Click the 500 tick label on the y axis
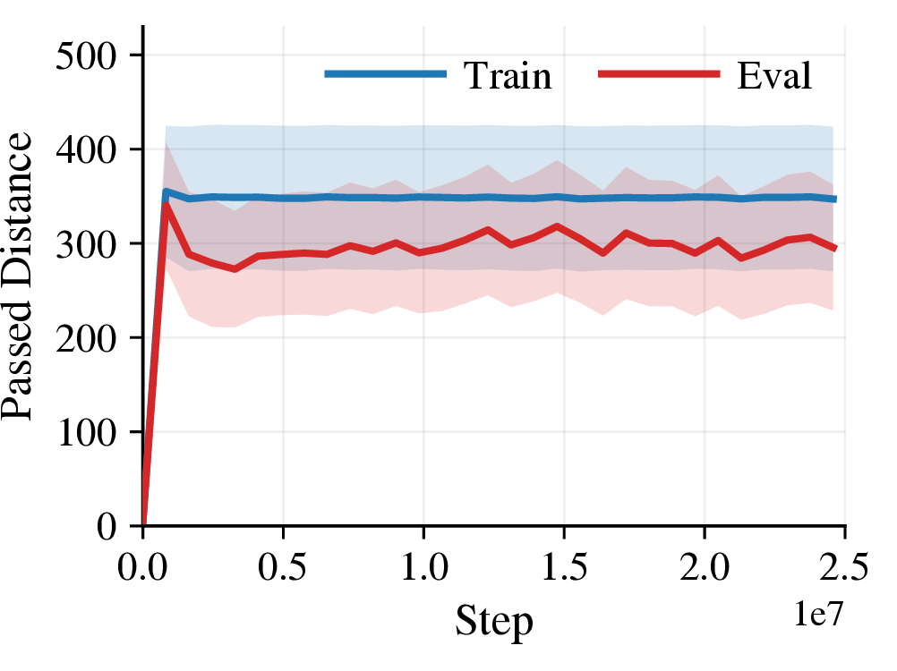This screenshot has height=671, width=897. coord(86,56)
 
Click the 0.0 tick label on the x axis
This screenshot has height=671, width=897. coord(142,567)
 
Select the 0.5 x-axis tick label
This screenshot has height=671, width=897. coord(283,567)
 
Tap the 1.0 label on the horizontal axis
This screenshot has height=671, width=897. coord(424,567)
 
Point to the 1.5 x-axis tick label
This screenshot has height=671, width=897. coord(564,567)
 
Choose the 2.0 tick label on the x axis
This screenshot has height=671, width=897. coord(705,567)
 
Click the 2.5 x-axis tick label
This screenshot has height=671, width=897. coord(844,567)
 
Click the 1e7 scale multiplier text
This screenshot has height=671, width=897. coord(818,614)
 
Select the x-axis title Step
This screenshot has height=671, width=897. coord(494,621)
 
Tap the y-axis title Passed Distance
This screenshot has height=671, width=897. coord(16,276)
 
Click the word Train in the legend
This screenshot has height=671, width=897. coord(508,75)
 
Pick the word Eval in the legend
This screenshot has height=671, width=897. coord(774,75)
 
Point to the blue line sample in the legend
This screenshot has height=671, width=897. coord(385,73)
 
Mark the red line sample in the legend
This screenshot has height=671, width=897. coord(659,73)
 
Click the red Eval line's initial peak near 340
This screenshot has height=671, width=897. coord(166,204)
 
